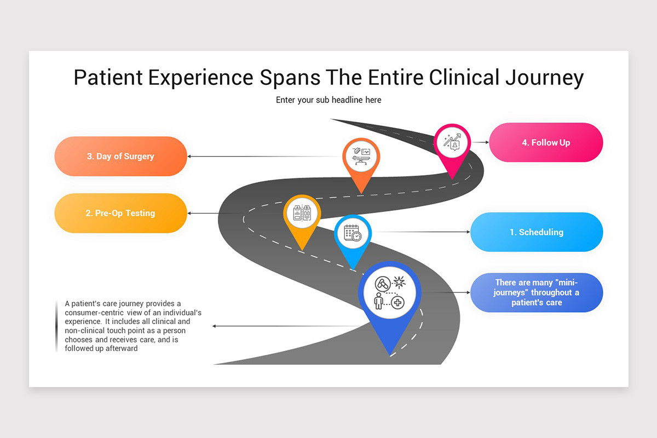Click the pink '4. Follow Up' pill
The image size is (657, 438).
[x=546, y=142]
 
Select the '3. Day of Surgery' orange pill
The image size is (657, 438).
[x=120, y=156]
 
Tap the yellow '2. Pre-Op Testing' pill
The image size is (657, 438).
[x=120, y=213]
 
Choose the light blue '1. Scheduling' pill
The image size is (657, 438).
[x=537, y=232]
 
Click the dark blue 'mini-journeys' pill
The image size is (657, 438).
[x=537, y=292]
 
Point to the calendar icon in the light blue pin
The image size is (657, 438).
[x=353, y=233]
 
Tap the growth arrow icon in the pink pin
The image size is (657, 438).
[x=452, y=142]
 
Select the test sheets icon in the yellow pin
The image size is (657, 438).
[x=302, y=212]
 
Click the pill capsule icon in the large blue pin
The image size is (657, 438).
[x=383, y=284]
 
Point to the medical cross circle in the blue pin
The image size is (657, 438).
[x=397, y=302]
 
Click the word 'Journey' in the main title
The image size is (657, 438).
[x=544, y=78]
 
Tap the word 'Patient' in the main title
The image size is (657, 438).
[x=108, y=77]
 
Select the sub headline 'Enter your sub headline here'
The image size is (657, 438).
[x=328, y=100]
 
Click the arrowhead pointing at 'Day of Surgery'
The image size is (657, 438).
[x=189, y=157]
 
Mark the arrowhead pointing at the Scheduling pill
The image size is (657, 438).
[x=469, y=232]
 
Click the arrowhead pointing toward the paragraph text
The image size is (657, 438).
[x=215, y=326]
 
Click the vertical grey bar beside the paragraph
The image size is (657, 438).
[x=56, y=326]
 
